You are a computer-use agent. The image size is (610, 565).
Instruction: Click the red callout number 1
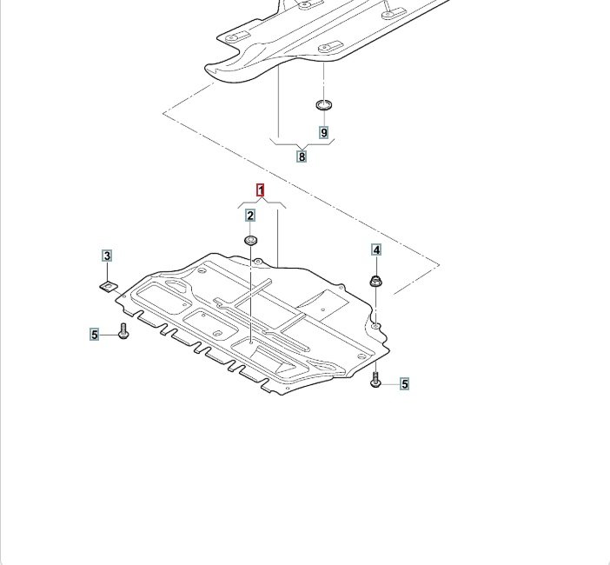pos(259,189)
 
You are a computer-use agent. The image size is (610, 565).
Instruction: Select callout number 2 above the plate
pos(250,216)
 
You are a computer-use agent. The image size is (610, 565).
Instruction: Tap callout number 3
pos(107,256)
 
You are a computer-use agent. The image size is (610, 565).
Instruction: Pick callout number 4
pos(376,250)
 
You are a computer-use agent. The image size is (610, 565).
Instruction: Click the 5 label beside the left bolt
pos(95,334)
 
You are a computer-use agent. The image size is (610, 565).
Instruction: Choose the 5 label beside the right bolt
pos(404,382)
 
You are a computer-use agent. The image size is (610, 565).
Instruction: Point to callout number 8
pos(302,156)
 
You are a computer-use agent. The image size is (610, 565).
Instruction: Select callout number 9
pos(324,133)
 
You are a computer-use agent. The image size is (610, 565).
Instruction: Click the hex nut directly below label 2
pos(250,240)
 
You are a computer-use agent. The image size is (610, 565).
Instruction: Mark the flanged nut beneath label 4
pos(376,280)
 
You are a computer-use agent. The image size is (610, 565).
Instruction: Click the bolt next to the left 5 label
pos(123,332)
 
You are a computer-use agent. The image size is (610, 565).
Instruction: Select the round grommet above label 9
pos(324,105)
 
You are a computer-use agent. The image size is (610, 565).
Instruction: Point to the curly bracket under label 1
pos(261,203)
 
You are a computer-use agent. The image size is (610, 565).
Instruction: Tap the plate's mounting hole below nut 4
pos(375,327)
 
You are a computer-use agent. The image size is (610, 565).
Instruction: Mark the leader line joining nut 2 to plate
pos(250,296)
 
